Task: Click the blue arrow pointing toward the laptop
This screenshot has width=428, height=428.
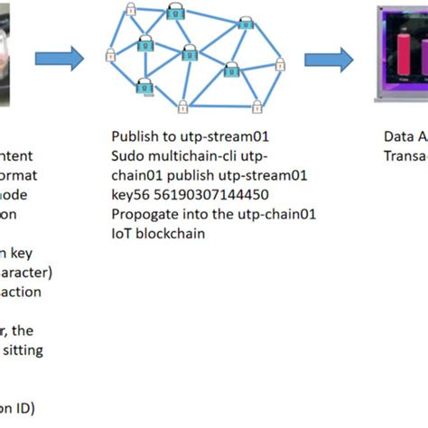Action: (329, 60)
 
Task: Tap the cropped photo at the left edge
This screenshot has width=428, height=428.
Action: (13, 54)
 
